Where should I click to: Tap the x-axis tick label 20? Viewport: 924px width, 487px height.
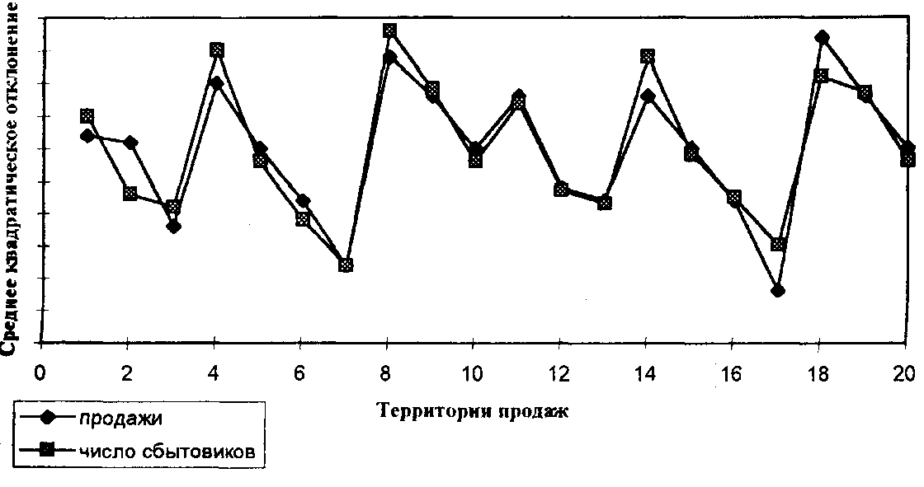coord(906,372)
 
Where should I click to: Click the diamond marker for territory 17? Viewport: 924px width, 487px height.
coord(777,291)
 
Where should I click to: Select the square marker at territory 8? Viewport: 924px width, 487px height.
coord(389,31)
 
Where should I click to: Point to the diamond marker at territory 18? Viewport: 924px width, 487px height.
coord(821,37)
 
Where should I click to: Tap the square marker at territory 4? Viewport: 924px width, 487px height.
coord(217,50)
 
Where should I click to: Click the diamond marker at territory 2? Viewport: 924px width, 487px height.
coord(130,143)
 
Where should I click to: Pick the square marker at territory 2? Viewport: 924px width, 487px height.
coord(130,194)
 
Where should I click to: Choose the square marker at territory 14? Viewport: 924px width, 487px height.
coord(648,56)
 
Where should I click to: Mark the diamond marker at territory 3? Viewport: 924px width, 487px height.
coord(173,226)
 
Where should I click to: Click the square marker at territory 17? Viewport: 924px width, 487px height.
coord(777,245)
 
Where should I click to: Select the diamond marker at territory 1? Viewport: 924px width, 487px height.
coord(87,135)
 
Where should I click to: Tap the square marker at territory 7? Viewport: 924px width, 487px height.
coord(346,265)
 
